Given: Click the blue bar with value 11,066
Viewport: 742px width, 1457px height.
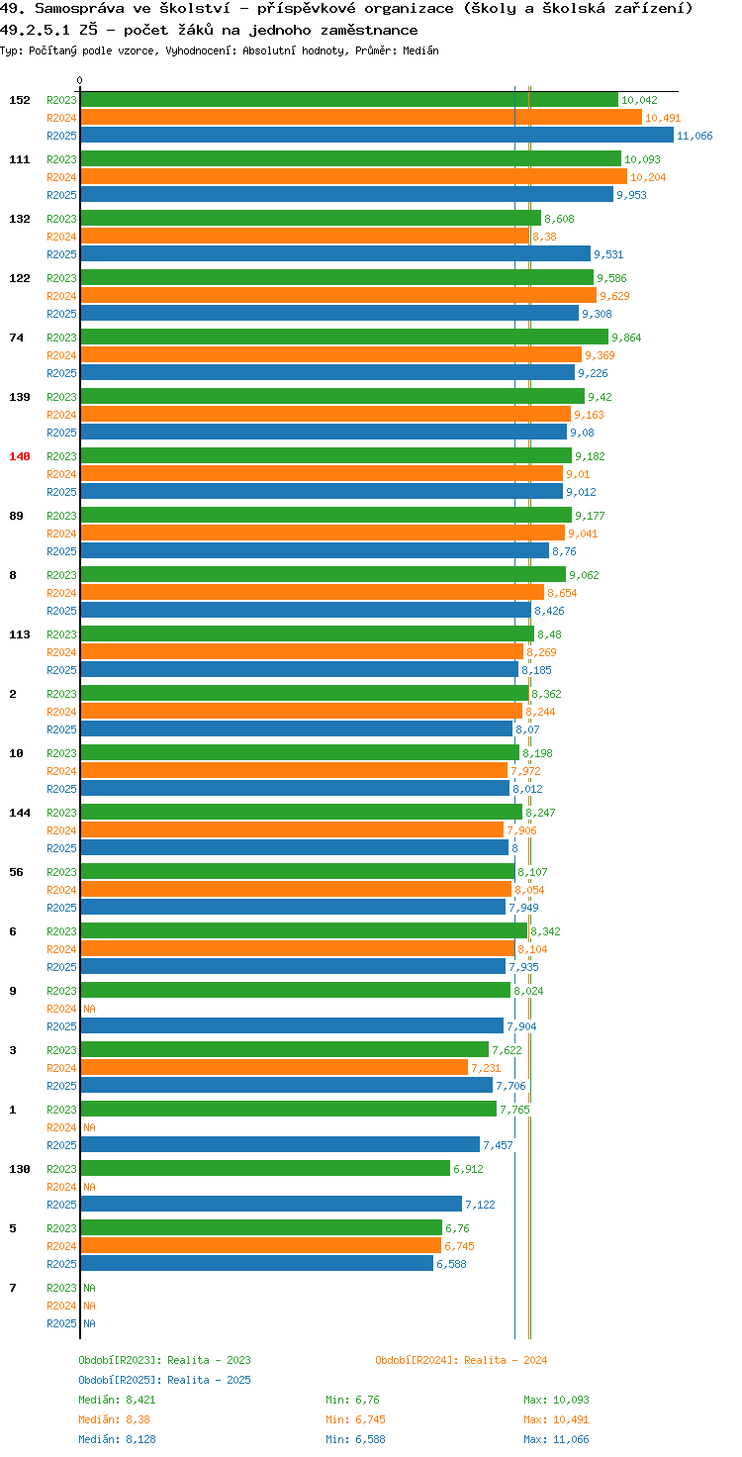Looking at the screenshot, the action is coord(377,136).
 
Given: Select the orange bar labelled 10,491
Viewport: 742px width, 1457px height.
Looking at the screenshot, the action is coord(361,118).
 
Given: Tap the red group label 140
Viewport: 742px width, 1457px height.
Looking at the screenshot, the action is coord(20,456).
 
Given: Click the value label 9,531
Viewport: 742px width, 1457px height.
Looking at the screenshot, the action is coord(608,254).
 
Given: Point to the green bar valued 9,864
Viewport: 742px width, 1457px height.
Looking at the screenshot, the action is coord(344,337).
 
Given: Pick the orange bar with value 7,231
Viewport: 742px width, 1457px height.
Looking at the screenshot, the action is coord(274,1067).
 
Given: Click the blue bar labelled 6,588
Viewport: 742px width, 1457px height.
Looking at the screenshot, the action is coord(257,1263).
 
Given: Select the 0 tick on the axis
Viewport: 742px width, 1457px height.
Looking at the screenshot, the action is coord(79,80).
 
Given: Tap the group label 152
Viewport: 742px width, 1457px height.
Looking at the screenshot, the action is coord(20,100).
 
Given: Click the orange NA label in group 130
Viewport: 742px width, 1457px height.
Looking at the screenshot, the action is coord(90,1187).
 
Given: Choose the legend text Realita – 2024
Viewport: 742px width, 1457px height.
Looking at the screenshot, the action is coord(506,1360).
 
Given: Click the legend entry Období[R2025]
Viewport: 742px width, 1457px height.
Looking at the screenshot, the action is coord(121,1380).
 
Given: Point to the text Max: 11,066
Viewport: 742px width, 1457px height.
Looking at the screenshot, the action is coord(557,1439).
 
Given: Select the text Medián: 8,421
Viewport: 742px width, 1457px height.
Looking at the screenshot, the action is coord(117,1400).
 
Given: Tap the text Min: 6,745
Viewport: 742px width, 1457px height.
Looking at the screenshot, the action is coord(356,1419).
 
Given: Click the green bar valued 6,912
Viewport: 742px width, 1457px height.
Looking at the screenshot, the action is coord(265,1168).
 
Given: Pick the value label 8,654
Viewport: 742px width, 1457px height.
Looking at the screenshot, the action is coord(562,593).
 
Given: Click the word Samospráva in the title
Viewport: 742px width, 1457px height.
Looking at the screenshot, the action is coord(79,9).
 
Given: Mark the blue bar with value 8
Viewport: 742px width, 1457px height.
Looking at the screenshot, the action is coord(295,847).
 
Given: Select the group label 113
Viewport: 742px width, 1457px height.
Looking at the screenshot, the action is coord(20,634).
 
